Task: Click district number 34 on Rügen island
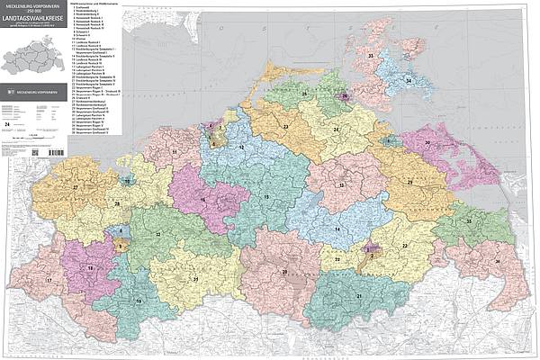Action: click(x=409, y=81)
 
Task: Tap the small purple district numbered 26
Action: click(x=343, y=95)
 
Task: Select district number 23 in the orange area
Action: click(x=285, y=128)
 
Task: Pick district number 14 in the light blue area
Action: click(x=337, y=229)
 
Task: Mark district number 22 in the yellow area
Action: click(x=405, y=245)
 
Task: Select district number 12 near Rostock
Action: click(x=240, y=147)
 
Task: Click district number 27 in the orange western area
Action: click(x=76, y=188)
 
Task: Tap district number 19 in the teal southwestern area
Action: click(x=138, y=300)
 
